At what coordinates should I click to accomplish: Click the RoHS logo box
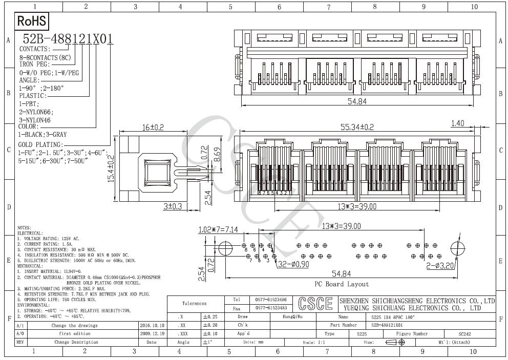(32, 21)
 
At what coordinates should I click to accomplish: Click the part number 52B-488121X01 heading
(68, 39)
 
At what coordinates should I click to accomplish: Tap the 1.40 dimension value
(457, 123)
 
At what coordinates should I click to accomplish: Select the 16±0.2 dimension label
(152, 127)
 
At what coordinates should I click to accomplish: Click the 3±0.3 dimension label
(173, 206)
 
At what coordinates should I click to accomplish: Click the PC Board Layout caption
(342, 284)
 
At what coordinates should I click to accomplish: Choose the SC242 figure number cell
(464, 333)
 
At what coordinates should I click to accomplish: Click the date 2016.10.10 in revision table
(152, 325)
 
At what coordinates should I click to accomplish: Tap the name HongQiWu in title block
(292, 317)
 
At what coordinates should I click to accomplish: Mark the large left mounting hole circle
(225, 249)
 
